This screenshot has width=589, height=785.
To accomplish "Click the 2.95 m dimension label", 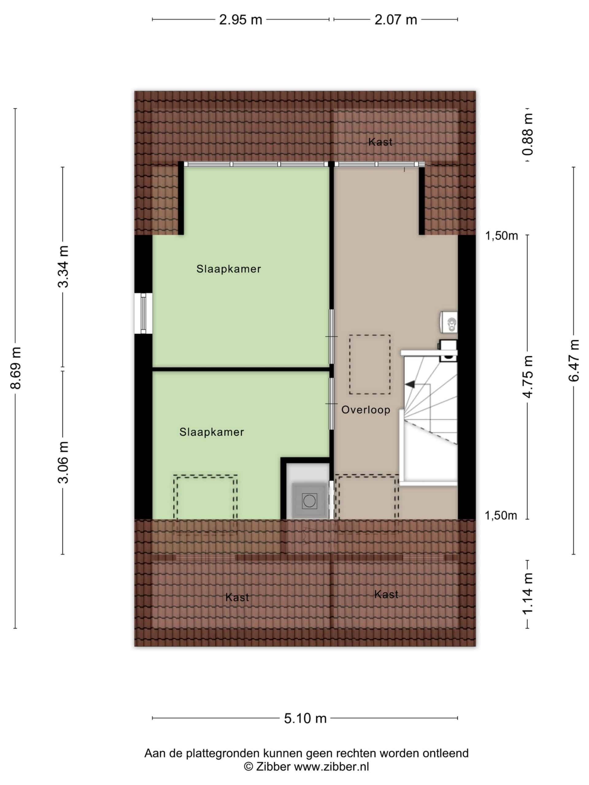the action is [x=241, y=20].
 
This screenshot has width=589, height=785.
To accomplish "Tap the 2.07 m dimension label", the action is [x=395, y=20].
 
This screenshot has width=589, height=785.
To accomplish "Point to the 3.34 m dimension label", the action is [x=64, y=266].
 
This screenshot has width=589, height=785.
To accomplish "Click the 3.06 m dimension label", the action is [x=64, y=462].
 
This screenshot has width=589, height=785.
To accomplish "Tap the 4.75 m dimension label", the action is [x=528, y=377].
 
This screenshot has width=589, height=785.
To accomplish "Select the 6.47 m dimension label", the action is [x=574, y=360].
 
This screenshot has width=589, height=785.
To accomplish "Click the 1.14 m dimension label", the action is [x=528, y=593].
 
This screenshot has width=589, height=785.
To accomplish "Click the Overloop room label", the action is [x=366, y=410].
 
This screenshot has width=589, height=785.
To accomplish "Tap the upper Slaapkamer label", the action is [x=229, y=269].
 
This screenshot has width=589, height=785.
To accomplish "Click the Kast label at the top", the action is [x=380, y=142].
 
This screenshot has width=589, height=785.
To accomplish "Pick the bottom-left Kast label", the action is [x=237, y=597].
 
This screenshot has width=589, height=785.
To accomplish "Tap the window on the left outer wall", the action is [x=143, y=313].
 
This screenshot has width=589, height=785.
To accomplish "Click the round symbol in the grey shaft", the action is [x=309, y=501].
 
